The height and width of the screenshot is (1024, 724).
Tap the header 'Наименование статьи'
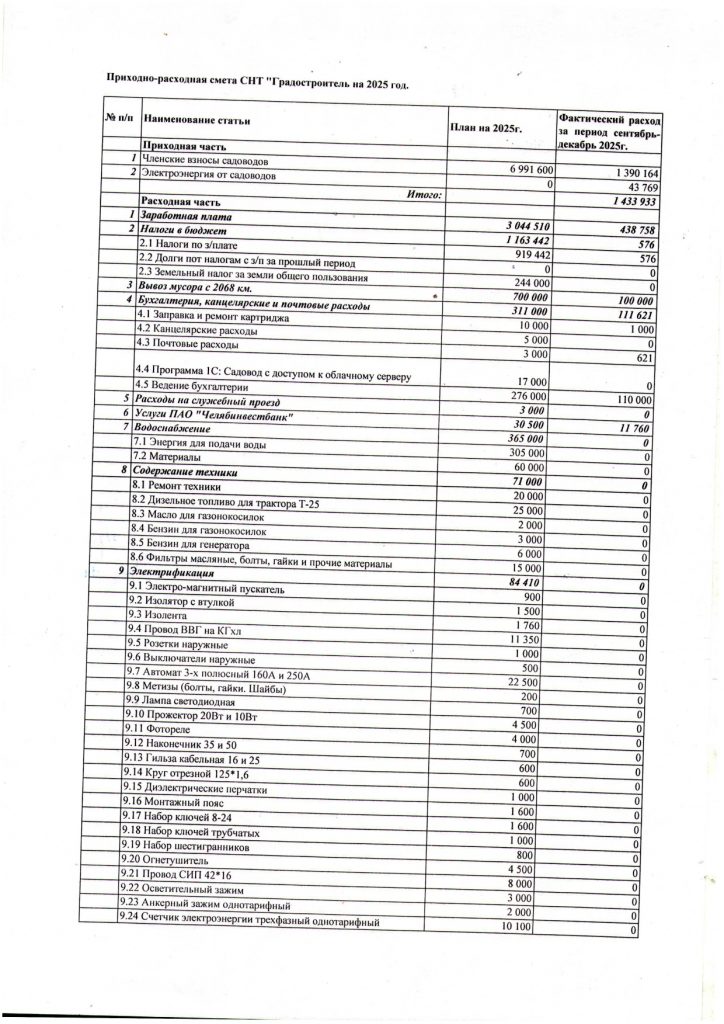click(x=196, y=122)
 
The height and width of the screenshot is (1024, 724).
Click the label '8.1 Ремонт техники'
click(x=176, y=485)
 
